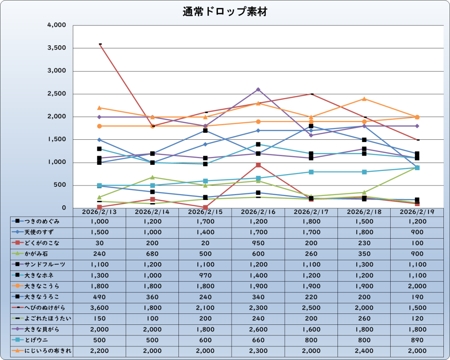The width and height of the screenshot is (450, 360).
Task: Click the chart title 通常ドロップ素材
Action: coord(225,12)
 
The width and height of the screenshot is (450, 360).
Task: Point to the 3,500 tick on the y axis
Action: coord(57,48)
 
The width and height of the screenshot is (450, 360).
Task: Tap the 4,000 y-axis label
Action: coord(57,25)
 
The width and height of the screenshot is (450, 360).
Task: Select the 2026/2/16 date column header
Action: coord(258,211)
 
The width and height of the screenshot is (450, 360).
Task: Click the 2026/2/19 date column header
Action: coord(417,211)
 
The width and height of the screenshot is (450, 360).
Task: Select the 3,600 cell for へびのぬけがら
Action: coord(99,308)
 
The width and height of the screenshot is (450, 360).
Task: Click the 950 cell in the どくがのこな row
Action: coord(258,243)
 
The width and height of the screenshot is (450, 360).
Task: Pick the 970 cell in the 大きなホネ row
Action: coord(205,275)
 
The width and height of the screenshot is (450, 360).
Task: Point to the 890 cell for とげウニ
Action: coord(417,340)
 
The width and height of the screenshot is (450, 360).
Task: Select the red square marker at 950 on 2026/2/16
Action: coord(258,165)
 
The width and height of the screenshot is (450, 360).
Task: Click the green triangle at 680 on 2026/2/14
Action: coord(152,177)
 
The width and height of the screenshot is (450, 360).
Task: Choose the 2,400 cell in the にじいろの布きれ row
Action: coord(364,351)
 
